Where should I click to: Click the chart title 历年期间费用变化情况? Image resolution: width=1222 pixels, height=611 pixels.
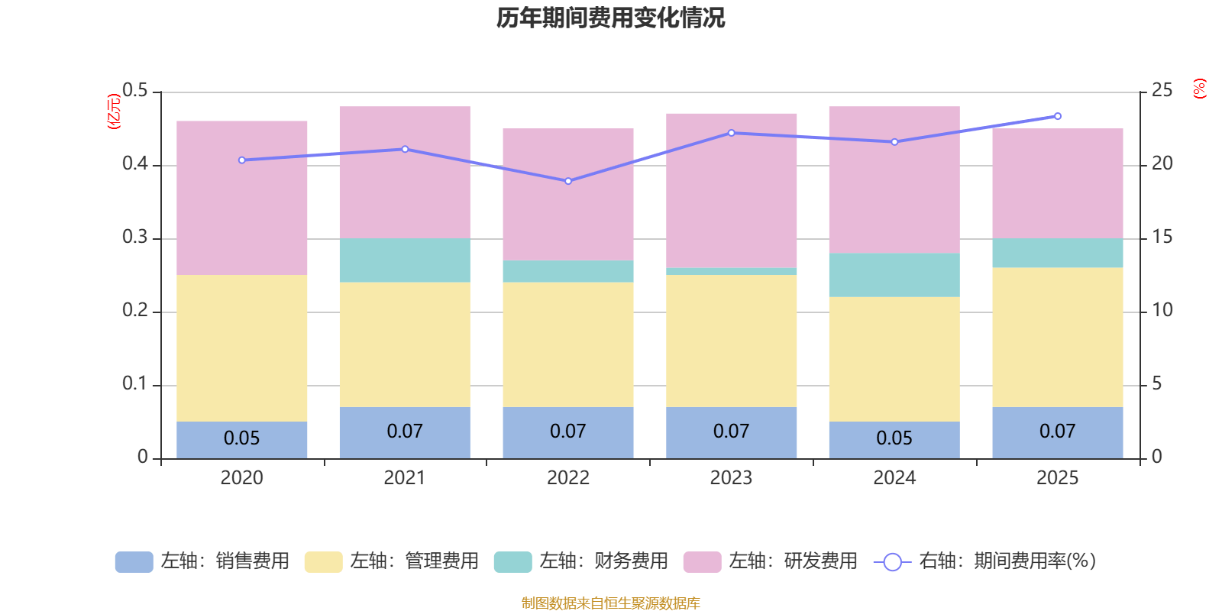(610, 18)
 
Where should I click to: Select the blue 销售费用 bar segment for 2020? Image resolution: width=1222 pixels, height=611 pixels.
(241, 440)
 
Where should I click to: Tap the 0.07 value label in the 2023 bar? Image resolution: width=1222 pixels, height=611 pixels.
(731, 432)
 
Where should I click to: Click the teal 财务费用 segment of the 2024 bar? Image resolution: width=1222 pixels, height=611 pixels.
(894, 275)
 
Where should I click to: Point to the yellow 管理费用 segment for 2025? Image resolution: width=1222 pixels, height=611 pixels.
(1057, 337)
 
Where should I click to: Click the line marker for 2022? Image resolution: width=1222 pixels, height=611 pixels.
(568, 181)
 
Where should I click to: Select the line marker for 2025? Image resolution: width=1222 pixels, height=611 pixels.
(1057, 116)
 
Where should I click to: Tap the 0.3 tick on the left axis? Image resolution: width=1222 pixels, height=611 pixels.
(134, 238)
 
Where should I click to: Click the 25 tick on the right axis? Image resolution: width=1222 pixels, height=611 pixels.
(1162, 91)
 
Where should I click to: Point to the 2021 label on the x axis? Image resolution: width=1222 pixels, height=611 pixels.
(404, 478)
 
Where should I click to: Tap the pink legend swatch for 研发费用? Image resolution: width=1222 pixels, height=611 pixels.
(702, 562)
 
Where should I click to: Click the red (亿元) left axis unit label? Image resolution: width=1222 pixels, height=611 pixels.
(113, 112)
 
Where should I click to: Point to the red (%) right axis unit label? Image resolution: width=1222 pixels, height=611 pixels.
(1199, 89)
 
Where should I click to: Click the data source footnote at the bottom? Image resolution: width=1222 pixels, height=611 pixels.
(610, 603)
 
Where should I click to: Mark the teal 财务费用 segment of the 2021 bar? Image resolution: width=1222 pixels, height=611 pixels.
(404, 260)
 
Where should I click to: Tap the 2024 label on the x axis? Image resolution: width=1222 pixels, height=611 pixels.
(894, 478)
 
